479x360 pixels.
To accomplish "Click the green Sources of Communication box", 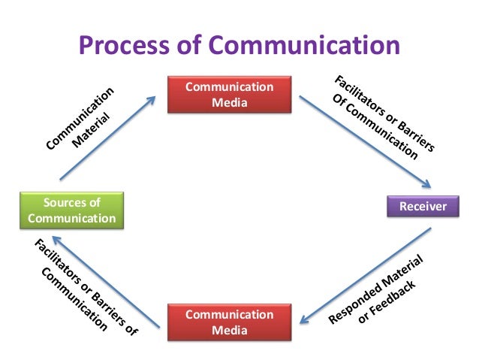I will [x=71, y=210].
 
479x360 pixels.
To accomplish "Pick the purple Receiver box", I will [x=422, y=206].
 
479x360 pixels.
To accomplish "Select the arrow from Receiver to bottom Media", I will [x=363, y=279].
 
